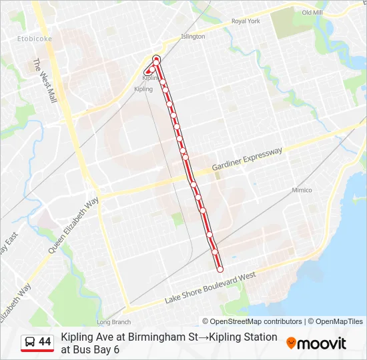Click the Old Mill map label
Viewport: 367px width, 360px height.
pos(312,13)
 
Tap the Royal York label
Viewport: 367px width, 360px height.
pos(246,21)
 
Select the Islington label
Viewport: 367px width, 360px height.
pos(193,37)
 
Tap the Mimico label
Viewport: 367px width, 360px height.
pos(302,190)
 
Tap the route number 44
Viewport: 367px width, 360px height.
pos(45,342)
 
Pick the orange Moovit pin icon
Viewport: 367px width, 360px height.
pos(291,343)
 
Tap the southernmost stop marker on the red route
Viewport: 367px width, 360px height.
pos(220,269)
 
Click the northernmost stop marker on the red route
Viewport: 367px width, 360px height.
pos(157,59)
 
